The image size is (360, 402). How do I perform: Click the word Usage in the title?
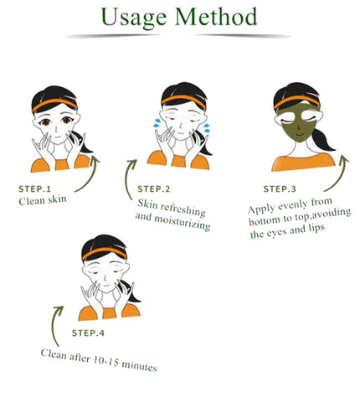tap(134, 18)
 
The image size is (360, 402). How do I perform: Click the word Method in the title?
tap(216, 17)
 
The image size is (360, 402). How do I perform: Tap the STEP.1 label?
tap(34, 189)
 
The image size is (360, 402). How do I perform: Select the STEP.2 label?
tap(154, 189)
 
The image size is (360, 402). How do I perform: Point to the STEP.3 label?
tap(280, 189)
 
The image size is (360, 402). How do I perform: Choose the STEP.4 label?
tap(88, 332)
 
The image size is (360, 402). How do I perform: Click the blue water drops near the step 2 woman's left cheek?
tap(157, 122)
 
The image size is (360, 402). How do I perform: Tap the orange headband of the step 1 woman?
tap(54, 105)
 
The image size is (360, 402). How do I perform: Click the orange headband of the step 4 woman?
tap(104, 252)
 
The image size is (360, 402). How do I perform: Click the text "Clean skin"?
tap(43, 200)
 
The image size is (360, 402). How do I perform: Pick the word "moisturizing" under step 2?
tap(183, 223)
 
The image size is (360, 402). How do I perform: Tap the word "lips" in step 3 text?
tap(316, 228)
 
